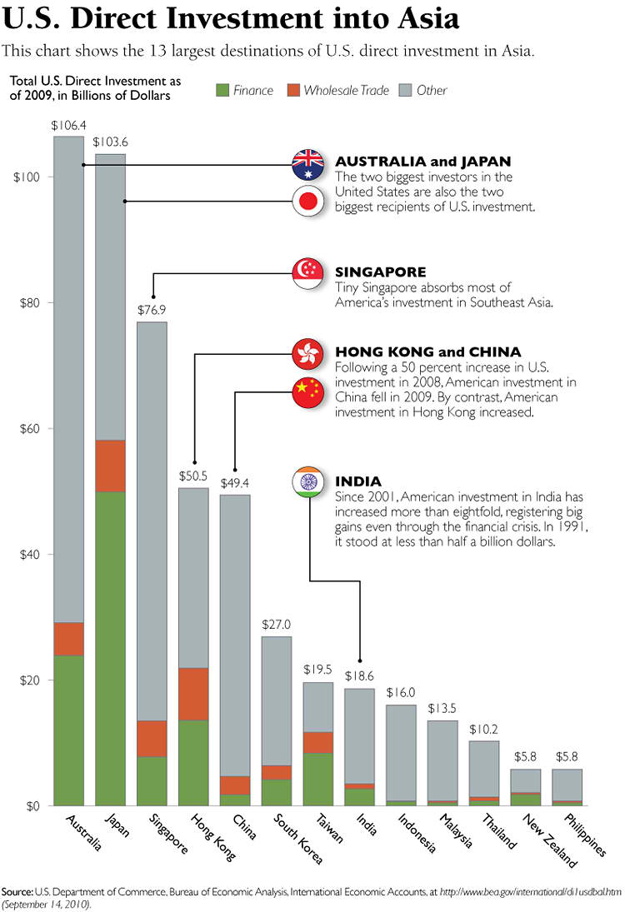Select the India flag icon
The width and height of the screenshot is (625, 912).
click(x=308, y=482)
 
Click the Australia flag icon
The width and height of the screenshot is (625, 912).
click(x=308, y=164)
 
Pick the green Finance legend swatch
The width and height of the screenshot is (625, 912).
click(x=222, y=90)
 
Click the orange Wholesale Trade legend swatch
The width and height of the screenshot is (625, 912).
click(x=293, y=90)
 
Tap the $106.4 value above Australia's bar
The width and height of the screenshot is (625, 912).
click(x=68, y=126)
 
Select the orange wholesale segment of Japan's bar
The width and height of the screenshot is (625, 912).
click(x=110, y=466)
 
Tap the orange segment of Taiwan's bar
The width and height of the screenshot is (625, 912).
click(x=318, y=742)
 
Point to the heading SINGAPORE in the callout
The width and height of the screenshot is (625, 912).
click(x=380, y=272)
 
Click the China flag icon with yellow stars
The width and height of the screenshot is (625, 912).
click(x=308, y=392)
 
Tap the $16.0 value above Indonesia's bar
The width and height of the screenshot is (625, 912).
click(x=401, y=692)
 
